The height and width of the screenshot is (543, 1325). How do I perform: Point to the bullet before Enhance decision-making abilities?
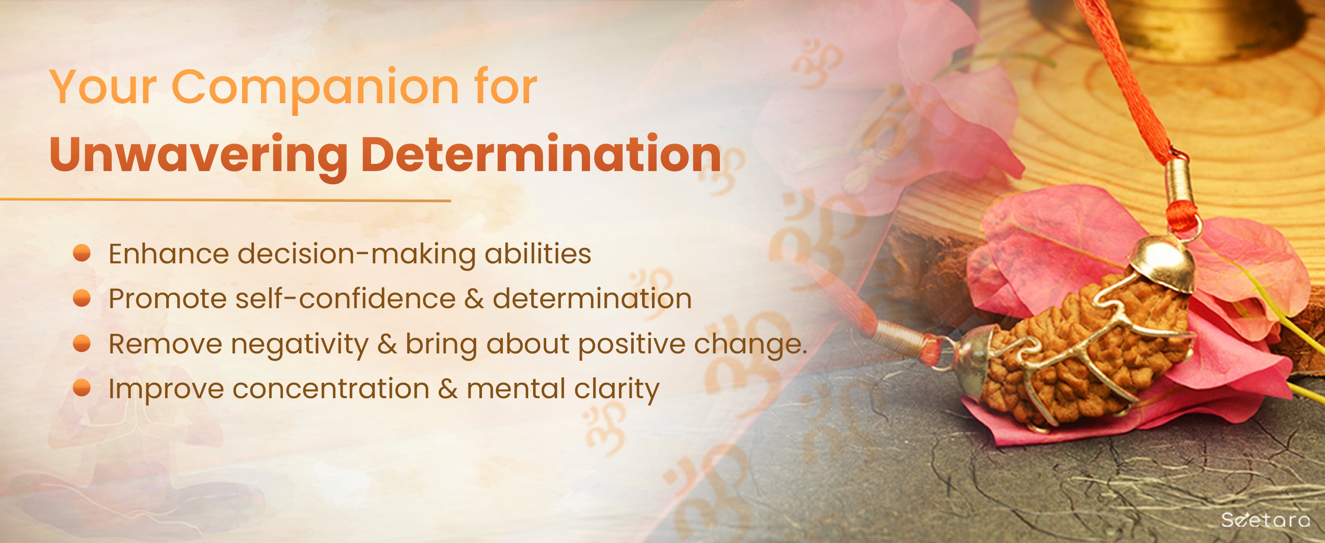click(x=82, y=253)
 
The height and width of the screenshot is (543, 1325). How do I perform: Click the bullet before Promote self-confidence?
click(x=82, y=298)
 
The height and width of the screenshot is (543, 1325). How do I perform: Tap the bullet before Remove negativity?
click(x=82, y=343)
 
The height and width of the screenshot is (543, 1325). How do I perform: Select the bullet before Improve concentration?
click(x=82, y=388)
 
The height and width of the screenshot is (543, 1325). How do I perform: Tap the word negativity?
click(x=300, y=344)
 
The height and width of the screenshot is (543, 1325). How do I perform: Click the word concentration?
click(x=331, y=389)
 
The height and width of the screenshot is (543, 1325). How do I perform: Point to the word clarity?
click(x=616, y=389)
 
